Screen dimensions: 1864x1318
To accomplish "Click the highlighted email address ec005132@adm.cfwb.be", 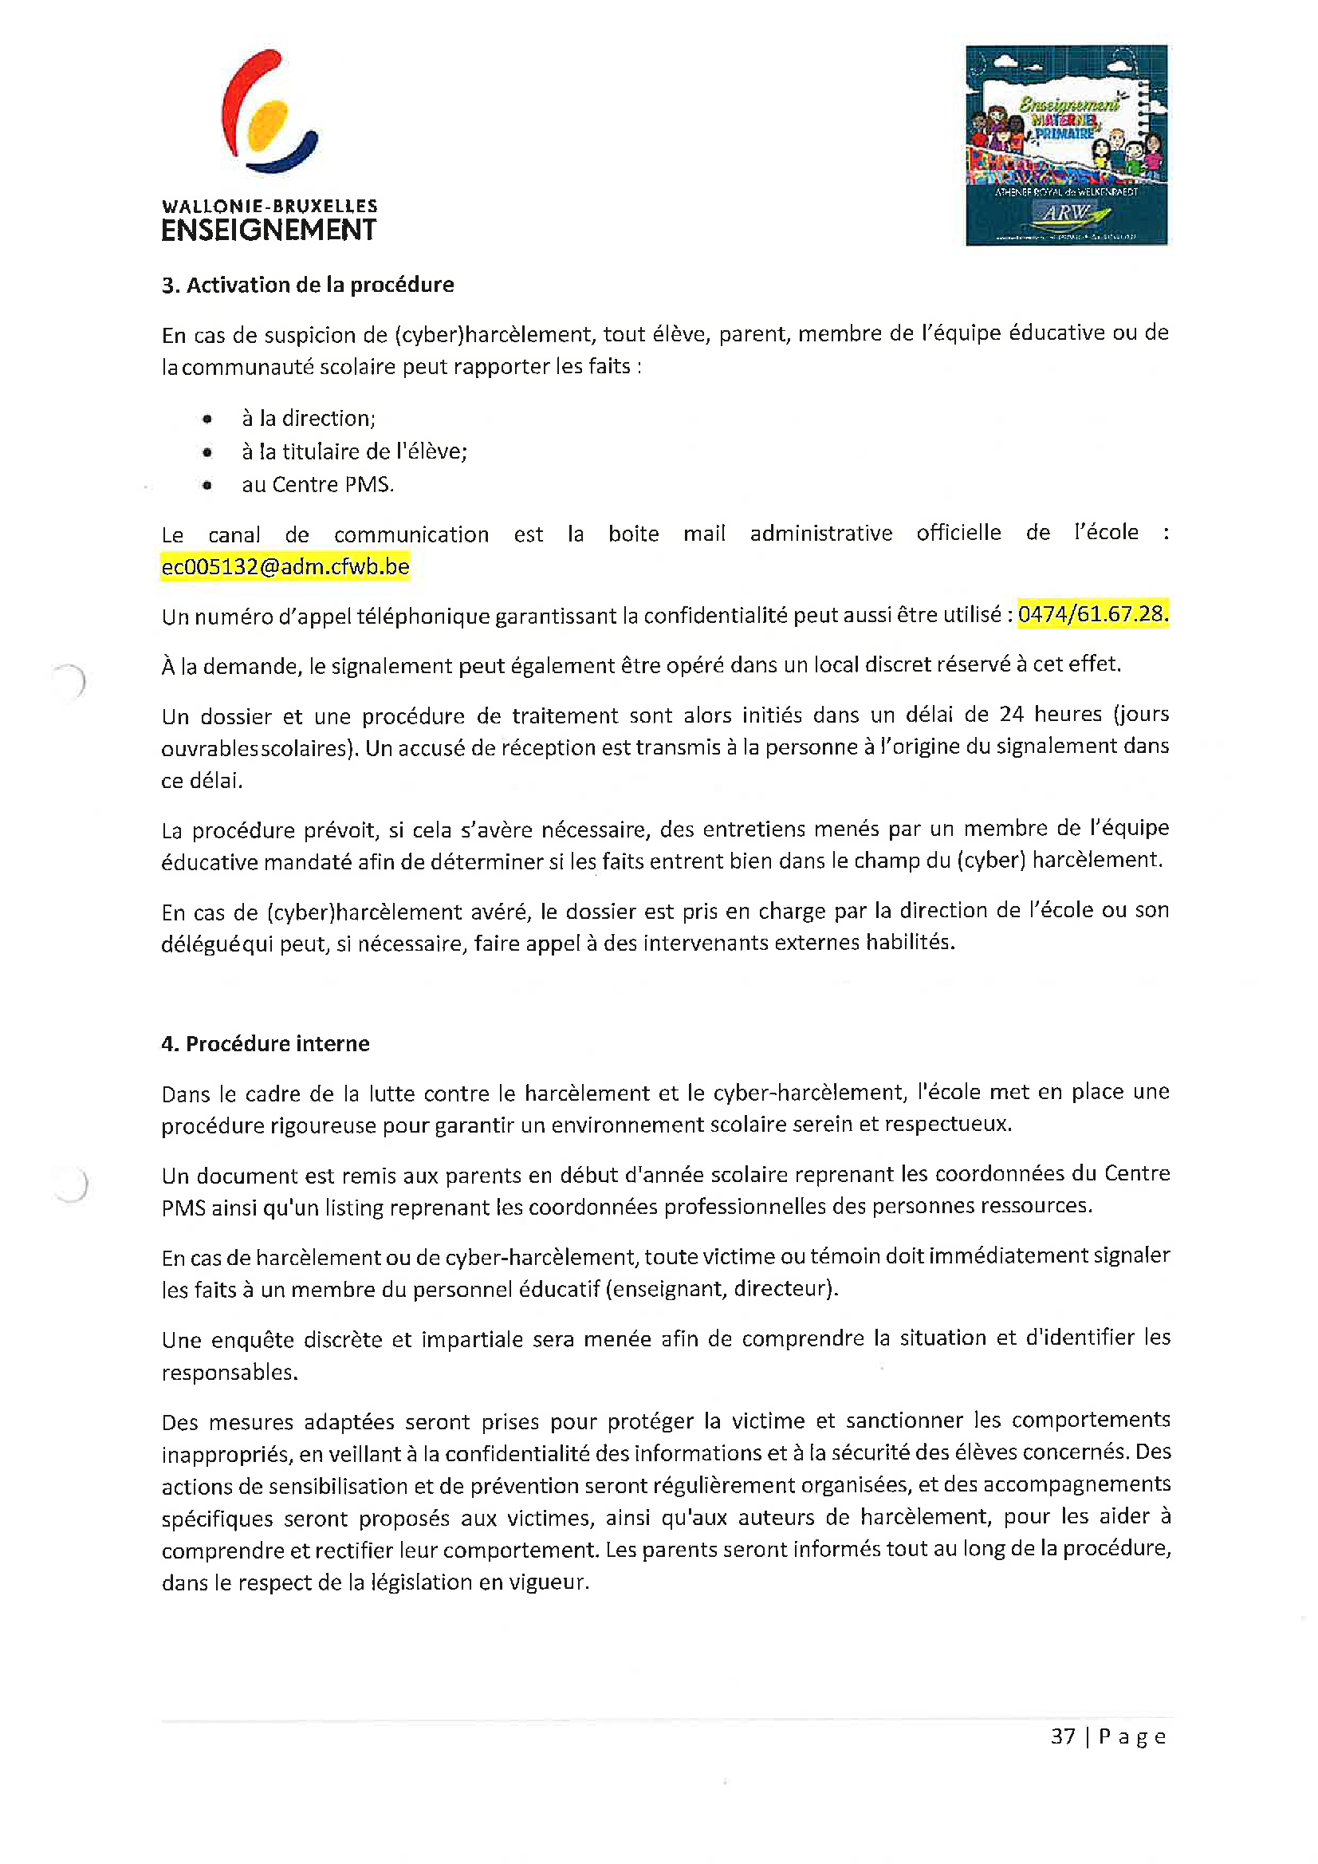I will [285, 566].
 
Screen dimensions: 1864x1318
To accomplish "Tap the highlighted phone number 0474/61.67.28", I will [1092, 614].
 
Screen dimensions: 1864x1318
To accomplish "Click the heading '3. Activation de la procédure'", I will [308, 285].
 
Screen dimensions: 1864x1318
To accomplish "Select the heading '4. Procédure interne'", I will [266, 1043].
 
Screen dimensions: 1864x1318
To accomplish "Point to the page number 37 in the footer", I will [1062, 1736].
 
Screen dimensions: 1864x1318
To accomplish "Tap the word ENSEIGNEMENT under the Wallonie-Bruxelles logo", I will [269, 231].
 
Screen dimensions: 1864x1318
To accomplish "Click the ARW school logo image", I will [1065, 145].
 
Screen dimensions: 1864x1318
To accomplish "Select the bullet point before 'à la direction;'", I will [208, 420].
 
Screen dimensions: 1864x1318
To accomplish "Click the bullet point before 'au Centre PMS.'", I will [208, 486].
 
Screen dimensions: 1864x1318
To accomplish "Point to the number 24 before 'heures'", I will [1011, 714].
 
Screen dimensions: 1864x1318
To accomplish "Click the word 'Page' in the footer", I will [1132, 1736].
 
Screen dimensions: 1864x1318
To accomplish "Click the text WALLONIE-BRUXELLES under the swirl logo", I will [270, 207].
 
